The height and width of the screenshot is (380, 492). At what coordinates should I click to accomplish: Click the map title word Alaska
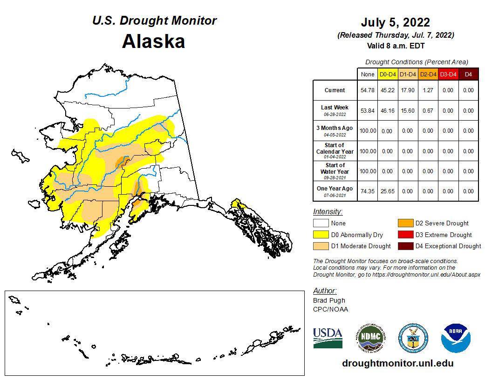coord(153,41)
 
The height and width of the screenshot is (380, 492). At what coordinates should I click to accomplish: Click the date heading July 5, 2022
coord(395,22)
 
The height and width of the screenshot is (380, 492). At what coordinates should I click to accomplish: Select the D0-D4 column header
coord(388,74)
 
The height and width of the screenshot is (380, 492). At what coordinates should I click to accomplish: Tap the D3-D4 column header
coord(448,74)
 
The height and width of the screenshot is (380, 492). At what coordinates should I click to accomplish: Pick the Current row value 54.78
coord(368,90)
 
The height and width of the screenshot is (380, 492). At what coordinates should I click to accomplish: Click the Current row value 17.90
coord(408,90)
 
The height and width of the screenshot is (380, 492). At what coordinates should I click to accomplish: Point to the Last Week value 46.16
coord(388,111)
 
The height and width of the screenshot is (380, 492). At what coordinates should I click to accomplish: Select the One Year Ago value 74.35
coord(368,191)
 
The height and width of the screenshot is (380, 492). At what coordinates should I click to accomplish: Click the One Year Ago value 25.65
coord(388,191)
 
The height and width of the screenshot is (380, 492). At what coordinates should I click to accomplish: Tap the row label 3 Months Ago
coord(335,128)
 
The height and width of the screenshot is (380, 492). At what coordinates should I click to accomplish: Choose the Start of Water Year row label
coord(335,169)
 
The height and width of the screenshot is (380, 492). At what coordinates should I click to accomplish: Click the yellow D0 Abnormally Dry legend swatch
coord(321,235)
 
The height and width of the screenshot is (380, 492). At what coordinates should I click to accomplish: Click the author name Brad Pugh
coord(329,300)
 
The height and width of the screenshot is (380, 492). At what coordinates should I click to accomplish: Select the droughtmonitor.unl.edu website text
coord(397,363)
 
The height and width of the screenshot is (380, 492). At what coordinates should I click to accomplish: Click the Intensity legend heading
coord(328,211)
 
